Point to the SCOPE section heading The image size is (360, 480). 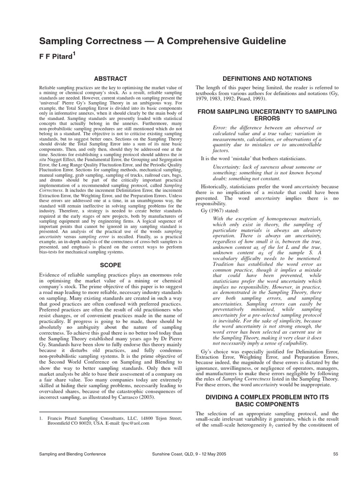click(x=110, y=265)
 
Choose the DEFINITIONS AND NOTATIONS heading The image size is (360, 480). click(x=267, y=78)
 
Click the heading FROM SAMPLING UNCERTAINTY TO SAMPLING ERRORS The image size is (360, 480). click(x=267, y=115)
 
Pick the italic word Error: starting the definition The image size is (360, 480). click(x=220, y=127)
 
